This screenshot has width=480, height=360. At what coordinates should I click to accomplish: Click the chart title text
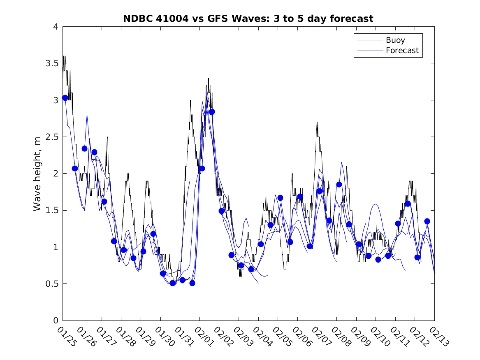coord(248,19)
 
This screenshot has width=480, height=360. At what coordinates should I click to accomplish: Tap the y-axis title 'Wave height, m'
coord(37,174)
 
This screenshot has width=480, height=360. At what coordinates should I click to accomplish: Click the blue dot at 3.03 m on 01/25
coord(65,98)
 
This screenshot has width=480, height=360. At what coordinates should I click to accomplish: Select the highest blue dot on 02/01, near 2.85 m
coord(212,112)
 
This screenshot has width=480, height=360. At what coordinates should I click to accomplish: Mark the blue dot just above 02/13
coord(427,221)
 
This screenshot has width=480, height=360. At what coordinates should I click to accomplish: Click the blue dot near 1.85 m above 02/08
coord(339,184)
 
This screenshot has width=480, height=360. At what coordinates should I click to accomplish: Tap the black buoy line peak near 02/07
coord(317,122)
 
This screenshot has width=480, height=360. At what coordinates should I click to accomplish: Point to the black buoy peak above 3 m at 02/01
coord(209,78)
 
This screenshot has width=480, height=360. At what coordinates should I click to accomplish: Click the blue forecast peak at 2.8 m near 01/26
coord(87,115)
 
